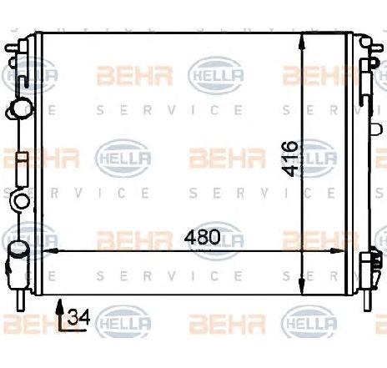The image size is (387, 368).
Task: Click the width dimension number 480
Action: click(204, 237)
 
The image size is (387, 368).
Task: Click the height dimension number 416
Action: click(289, 154)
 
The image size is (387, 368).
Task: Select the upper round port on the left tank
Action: click(19, 108)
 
